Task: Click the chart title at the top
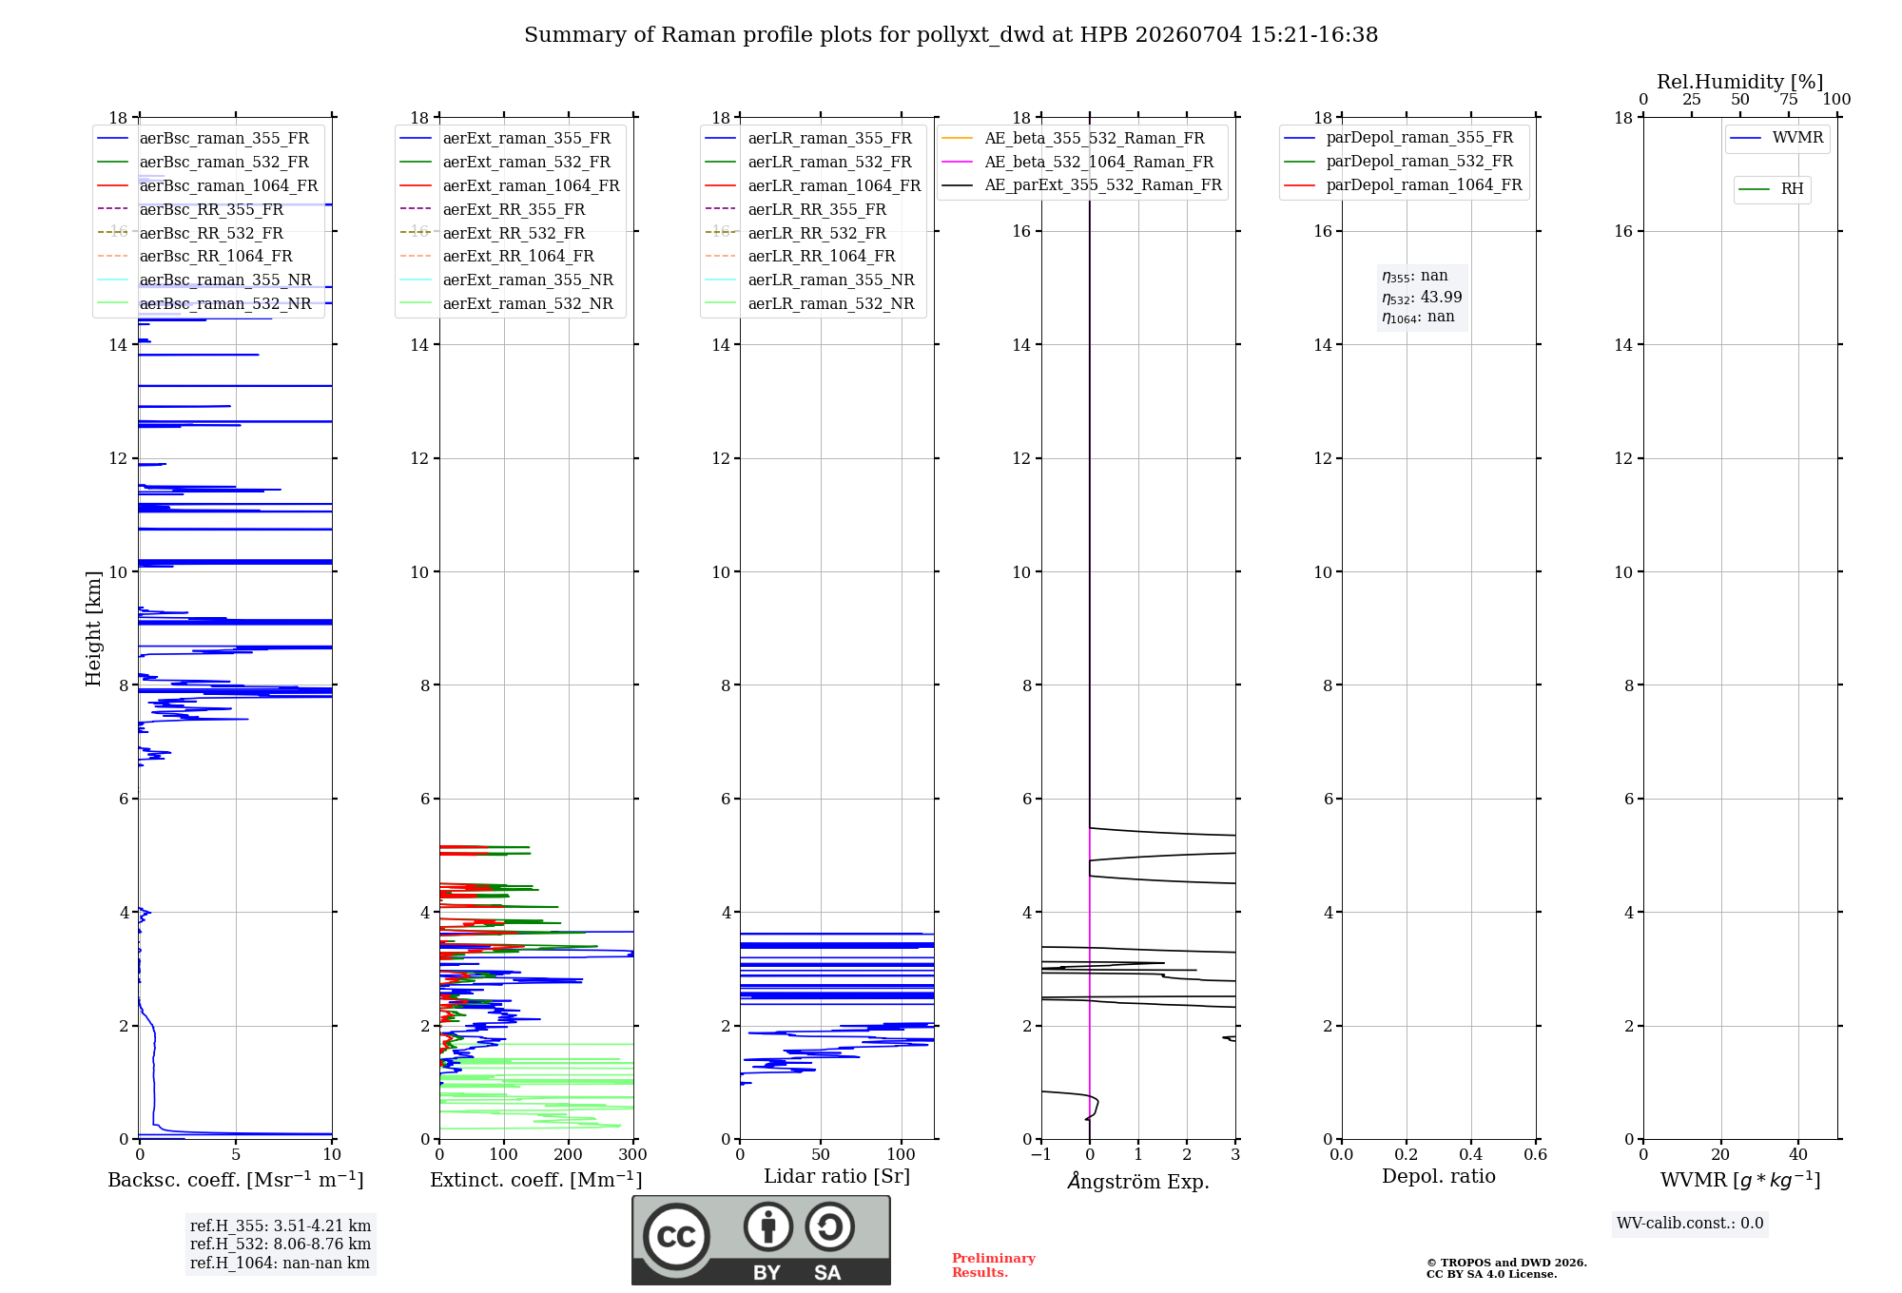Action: [951, 35]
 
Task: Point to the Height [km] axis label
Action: [93, 628]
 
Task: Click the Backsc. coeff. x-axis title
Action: [236, 1180]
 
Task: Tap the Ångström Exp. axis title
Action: [1138, 1181]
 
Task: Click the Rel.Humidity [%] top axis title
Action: [1740, 82]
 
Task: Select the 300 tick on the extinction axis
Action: [632, 1154]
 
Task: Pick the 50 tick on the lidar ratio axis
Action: [821, 1154]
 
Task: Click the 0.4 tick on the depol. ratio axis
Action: [1471, 1154]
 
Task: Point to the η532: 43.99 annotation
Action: [1422, 298]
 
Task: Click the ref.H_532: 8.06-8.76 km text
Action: [281, 1244]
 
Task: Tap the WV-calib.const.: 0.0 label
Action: [1690, 1224]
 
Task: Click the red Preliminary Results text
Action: [994, 1265]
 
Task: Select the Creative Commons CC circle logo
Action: [676, 1236]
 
